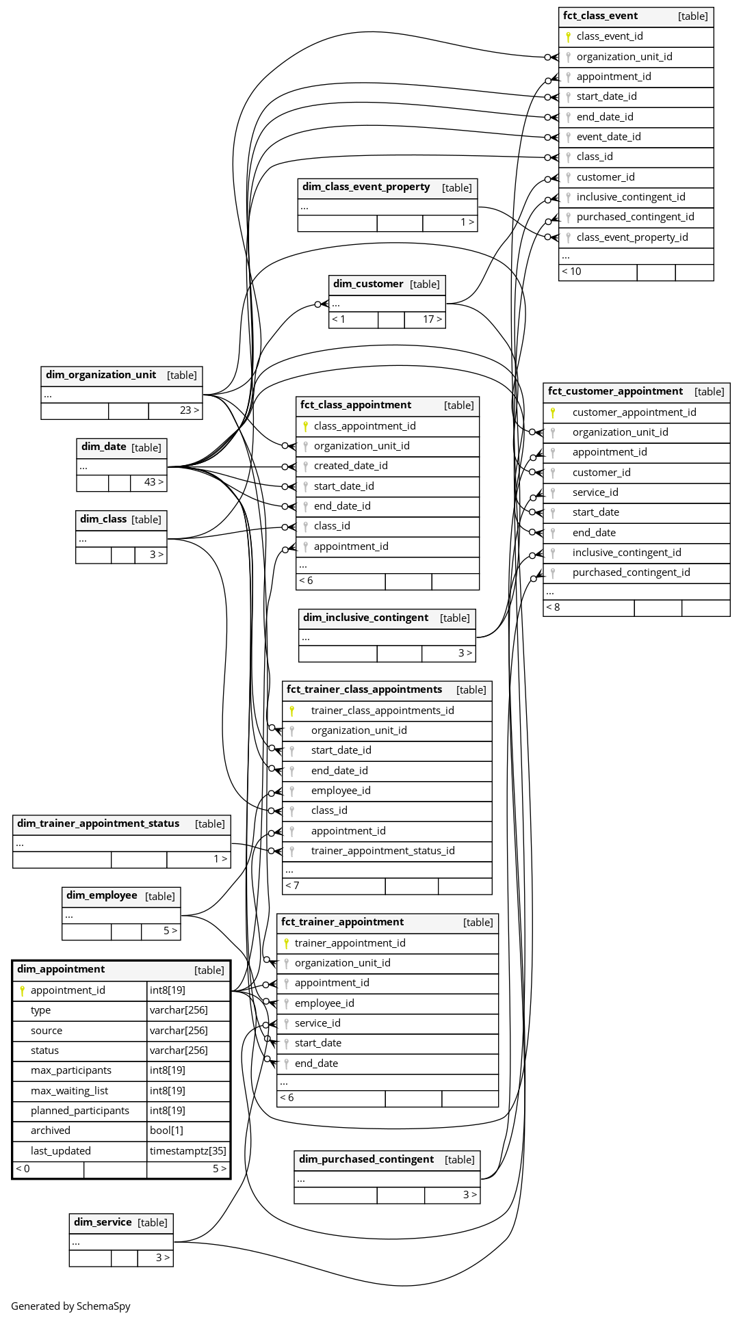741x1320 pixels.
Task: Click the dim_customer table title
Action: click(368, 284)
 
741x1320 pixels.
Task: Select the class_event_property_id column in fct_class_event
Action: click(632, 237)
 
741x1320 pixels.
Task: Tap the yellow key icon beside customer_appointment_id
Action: click(553, 412)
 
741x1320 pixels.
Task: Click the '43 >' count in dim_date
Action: click(153, 482)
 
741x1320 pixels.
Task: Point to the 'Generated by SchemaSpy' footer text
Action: click(70, 1306)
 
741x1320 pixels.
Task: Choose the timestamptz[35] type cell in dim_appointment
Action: click(187, 1151)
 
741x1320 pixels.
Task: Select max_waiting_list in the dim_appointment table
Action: click(69, 1091)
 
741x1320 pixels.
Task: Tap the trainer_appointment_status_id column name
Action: click(382, 851)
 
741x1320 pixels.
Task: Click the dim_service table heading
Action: click(103, 1222)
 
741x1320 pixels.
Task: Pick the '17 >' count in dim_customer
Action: click(432, 319)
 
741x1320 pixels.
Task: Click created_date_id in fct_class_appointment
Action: click(350, 466)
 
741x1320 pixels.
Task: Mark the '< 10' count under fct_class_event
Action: click(571, 272)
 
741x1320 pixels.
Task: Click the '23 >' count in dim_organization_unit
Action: click(189, 410)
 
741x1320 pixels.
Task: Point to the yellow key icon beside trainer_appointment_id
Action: click(287, 943)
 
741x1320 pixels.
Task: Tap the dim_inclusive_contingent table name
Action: click(365, 618)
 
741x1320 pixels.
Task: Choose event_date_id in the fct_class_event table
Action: click(608, 137)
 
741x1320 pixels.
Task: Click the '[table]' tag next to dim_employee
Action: click(160, 896)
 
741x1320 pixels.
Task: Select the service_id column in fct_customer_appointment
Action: click(595, 492)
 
